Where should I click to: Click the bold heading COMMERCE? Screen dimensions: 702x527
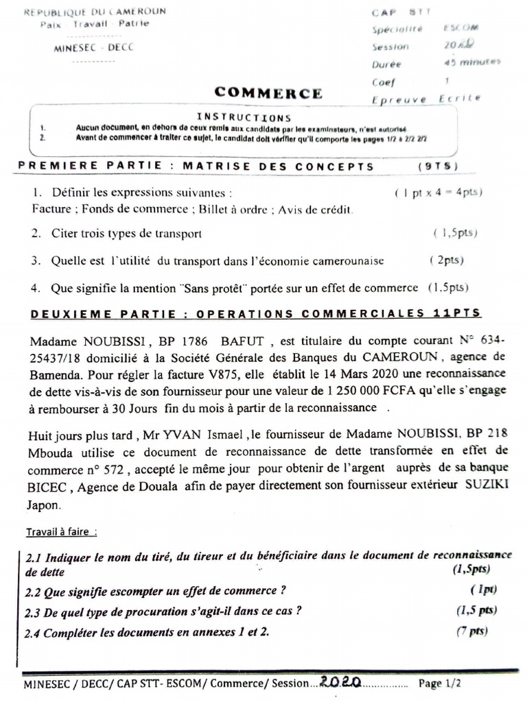tap(268, 93)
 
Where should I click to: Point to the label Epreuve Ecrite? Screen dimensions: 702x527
tap(425, 99)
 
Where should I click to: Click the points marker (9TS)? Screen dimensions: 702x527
tap(437, 166)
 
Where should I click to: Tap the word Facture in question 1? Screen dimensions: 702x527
tap(51, 210)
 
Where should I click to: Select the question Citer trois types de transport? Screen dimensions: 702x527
tap(126, 234)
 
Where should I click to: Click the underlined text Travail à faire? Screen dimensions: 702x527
tap(62, 531)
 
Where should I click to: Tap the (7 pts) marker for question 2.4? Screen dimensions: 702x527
tap(471, 631)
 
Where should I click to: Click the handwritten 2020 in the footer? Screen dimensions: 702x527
tap(340, 683)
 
